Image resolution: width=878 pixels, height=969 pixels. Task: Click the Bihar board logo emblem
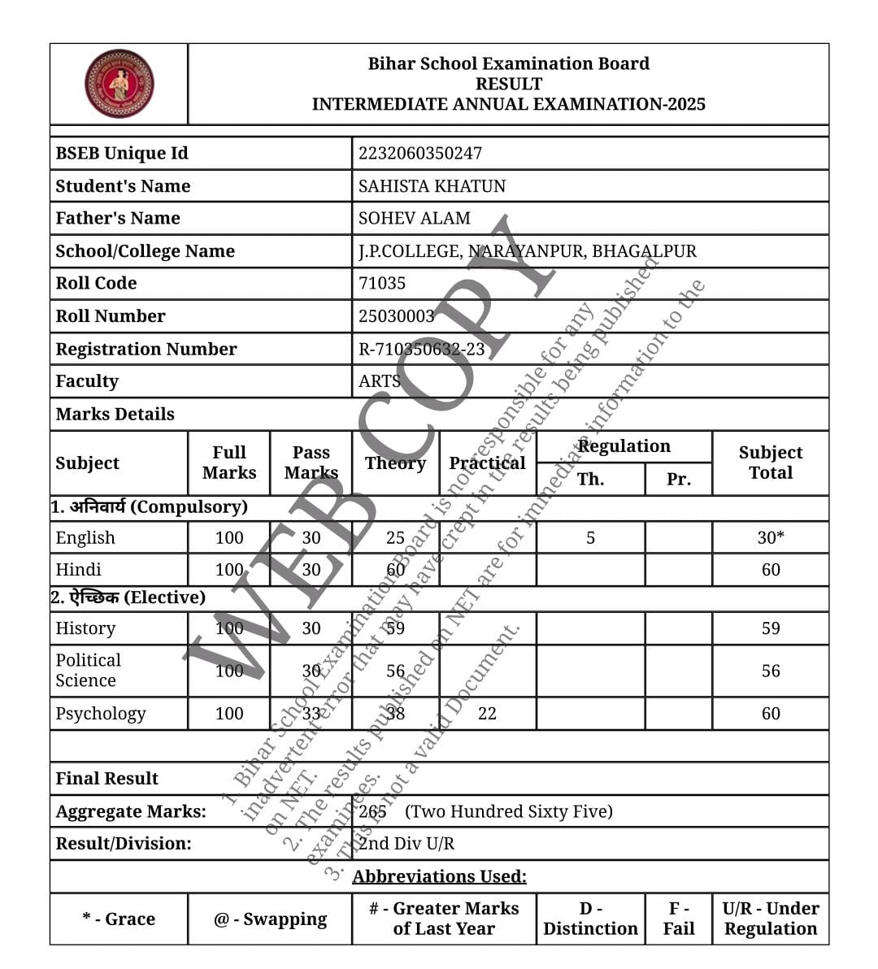[120, 84]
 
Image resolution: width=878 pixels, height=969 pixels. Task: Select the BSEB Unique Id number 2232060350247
[419, 153]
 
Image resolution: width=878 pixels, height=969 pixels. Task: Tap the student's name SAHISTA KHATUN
[432, 186]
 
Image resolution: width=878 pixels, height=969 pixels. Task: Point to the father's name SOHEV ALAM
[414, 219]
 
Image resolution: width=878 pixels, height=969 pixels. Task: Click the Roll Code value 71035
[381, 284]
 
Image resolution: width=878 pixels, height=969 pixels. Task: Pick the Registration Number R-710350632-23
[421, 349]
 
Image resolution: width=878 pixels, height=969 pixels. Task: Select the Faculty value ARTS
[379, 381]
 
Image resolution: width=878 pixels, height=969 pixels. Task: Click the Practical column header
[487, 463]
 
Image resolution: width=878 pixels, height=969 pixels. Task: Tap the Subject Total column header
[770, 463]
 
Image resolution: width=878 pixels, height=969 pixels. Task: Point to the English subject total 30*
[770, 537]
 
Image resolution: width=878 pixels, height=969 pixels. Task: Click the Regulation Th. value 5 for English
[590, 537]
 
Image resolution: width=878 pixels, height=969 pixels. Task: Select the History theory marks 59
[395, 628]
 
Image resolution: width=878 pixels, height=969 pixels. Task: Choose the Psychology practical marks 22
[487, 713]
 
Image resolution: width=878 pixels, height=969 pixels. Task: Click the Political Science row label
[88, 670]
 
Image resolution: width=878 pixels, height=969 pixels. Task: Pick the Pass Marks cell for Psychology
[311, 713]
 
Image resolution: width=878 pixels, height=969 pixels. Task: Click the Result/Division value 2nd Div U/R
[406, 843]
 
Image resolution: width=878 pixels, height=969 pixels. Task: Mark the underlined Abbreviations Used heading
[439, 876]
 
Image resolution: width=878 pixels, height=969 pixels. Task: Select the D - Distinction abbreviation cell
[590, 919]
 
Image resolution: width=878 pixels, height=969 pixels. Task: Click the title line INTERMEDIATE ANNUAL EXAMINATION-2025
[508, 104]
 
